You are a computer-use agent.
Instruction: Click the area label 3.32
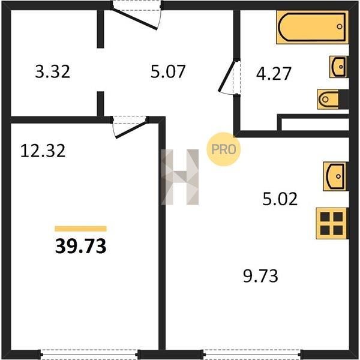tap(53, 71)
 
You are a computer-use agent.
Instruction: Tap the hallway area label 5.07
tap(168, 71)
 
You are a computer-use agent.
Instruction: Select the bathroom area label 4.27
tap(274, 74)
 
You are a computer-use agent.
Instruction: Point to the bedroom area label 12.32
tap(43, 151)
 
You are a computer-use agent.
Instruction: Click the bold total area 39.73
tap(80, 246)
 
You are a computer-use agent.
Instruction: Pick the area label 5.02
tap(280, 199)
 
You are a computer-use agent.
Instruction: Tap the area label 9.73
tap(260, 276)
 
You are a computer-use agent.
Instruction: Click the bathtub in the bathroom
tap(312, 27)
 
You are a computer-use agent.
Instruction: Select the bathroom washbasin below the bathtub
tap(338, 67)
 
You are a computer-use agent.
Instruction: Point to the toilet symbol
tap(333, 99)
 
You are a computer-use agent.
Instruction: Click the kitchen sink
tap(335, 176)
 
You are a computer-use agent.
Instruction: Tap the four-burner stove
tap(332, 223)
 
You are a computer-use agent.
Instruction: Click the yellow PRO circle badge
tap(223, 149)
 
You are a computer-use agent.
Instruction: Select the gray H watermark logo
tap(180, 177)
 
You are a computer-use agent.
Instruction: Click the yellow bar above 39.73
tap(80, 229)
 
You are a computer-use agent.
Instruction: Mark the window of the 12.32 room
tap(90, 355)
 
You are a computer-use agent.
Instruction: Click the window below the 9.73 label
tap(252, 355)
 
